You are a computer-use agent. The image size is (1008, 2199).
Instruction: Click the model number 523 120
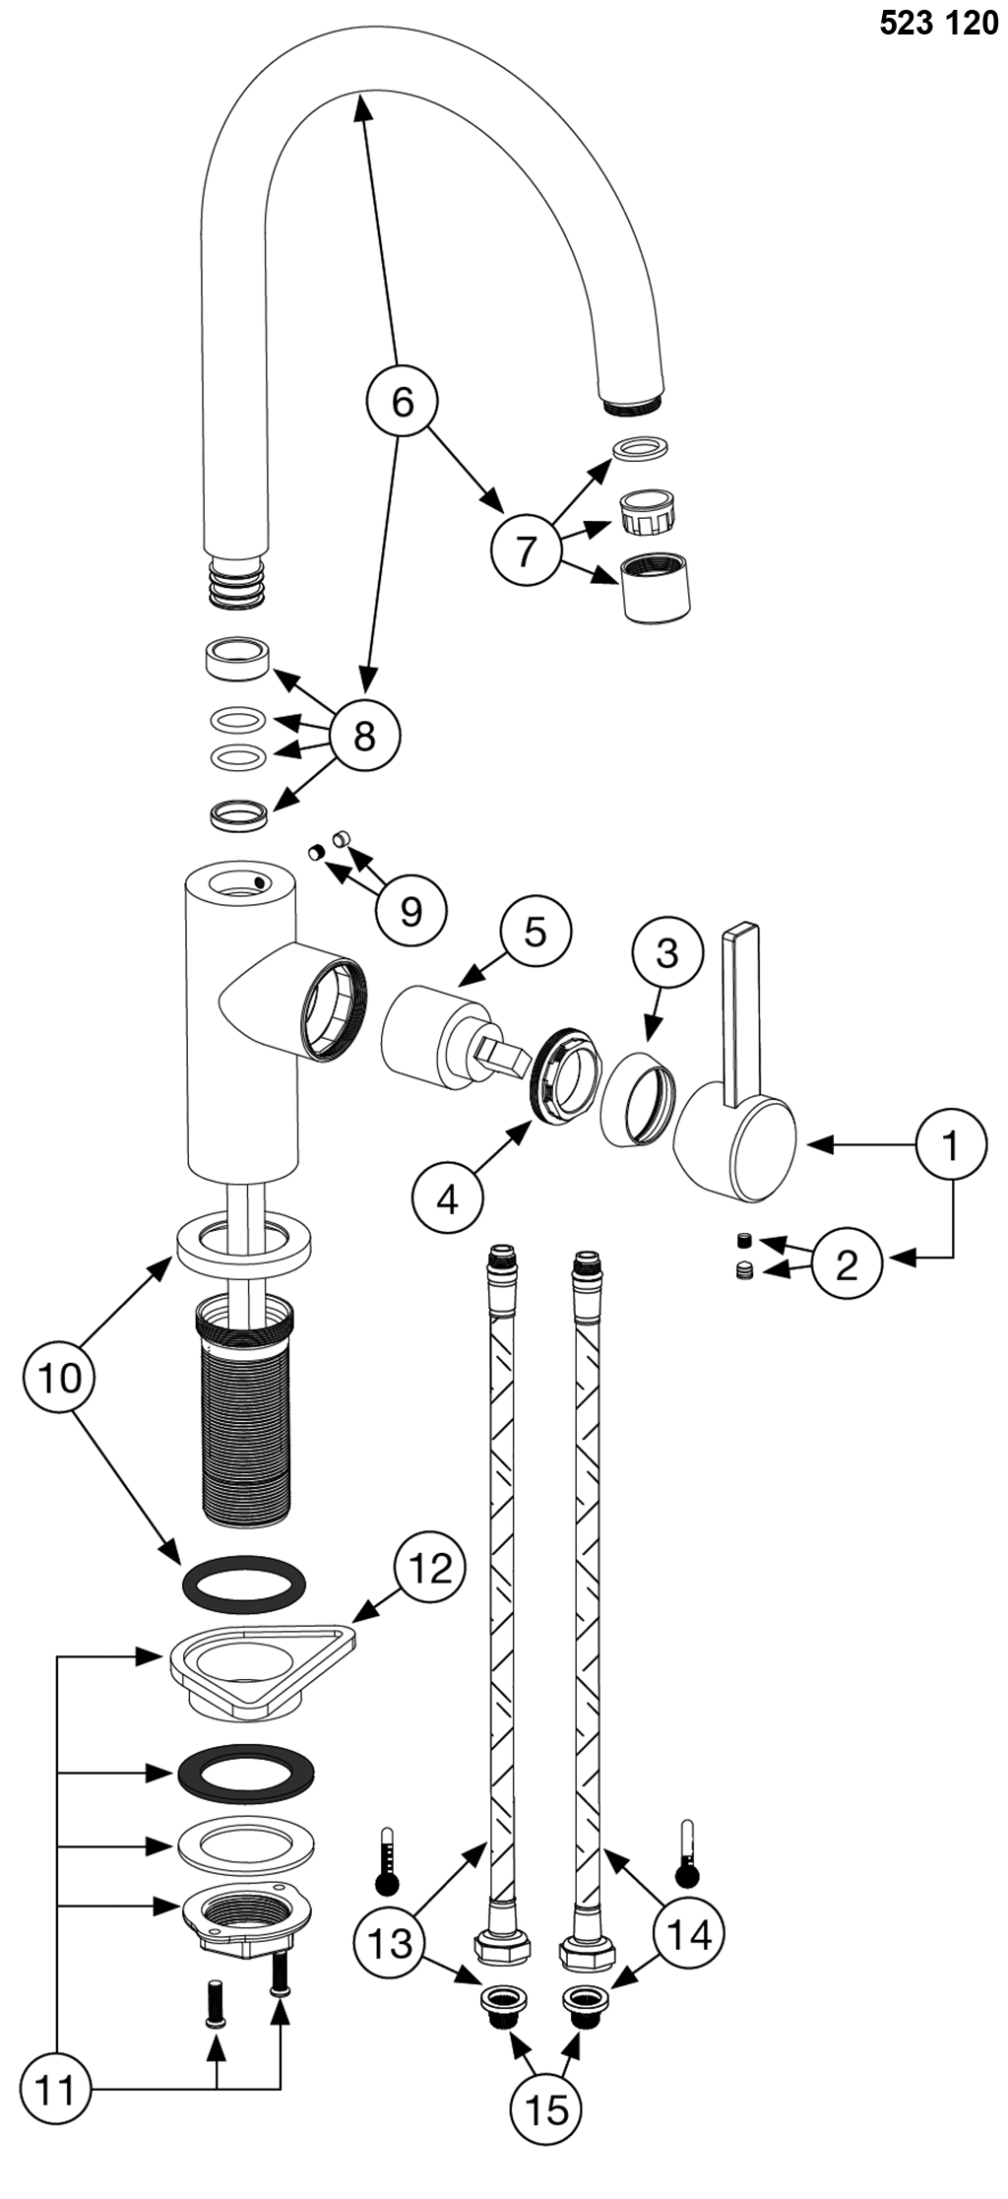click(938, 23)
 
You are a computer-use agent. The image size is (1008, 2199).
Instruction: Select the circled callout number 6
click(402, 401)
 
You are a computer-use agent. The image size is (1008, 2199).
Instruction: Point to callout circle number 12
click(429, 1569)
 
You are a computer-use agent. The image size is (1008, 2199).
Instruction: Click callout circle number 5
click(535, 931)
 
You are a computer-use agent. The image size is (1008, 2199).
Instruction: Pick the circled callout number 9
click(410, 911)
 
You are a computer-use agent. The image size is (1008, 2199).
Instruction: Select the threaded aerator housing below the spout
click(656, 587)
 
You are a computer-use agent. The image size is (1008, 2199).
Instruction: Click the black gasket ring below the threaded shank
click(244, 1583)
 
